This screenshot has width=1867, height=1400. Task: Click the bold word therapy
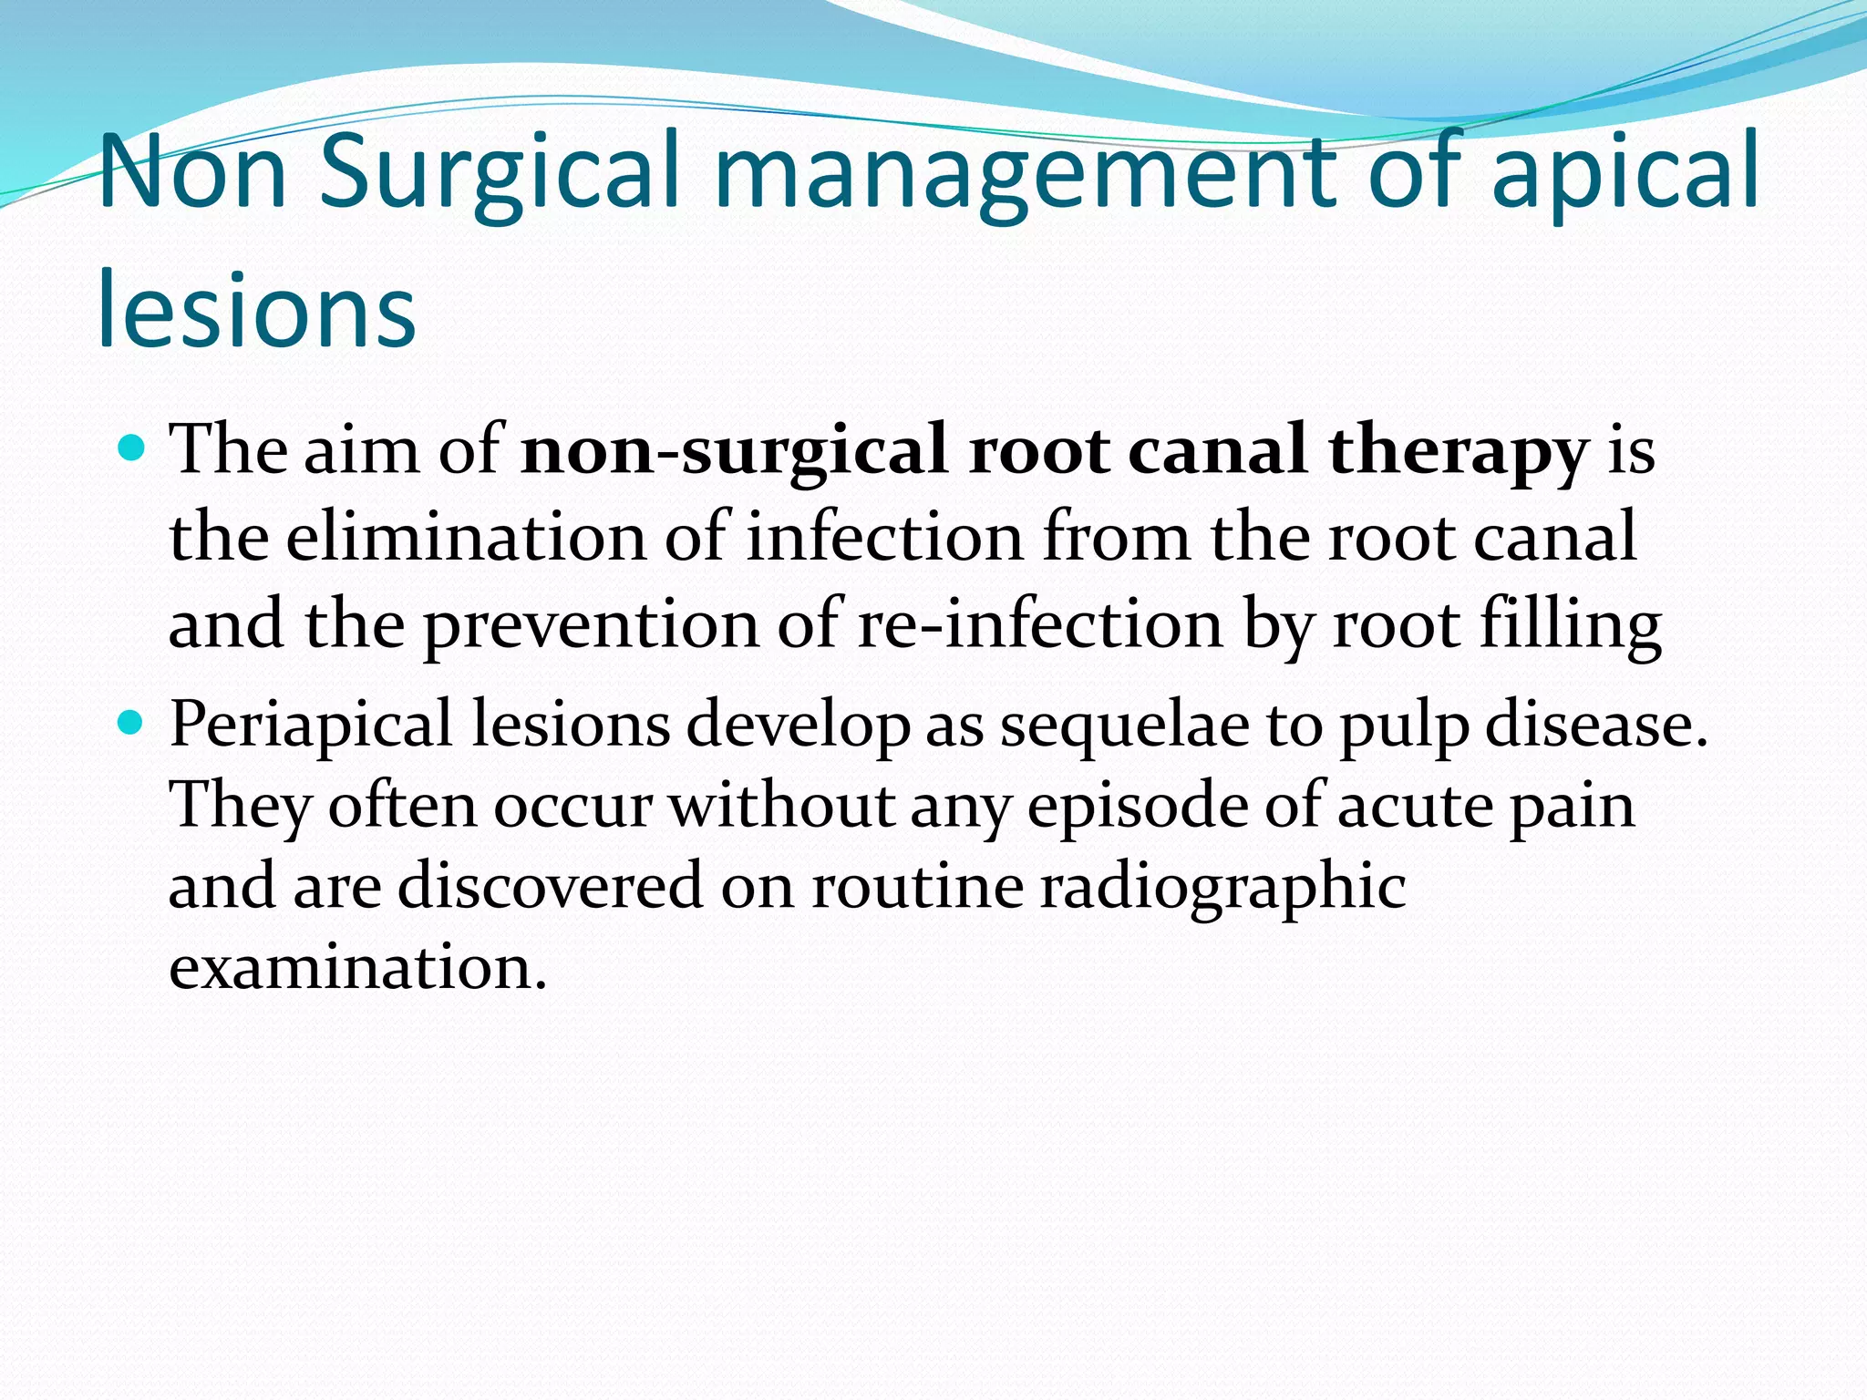[1459, 450]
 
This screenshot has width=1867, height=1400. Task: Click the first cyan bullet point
[133, 448]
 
